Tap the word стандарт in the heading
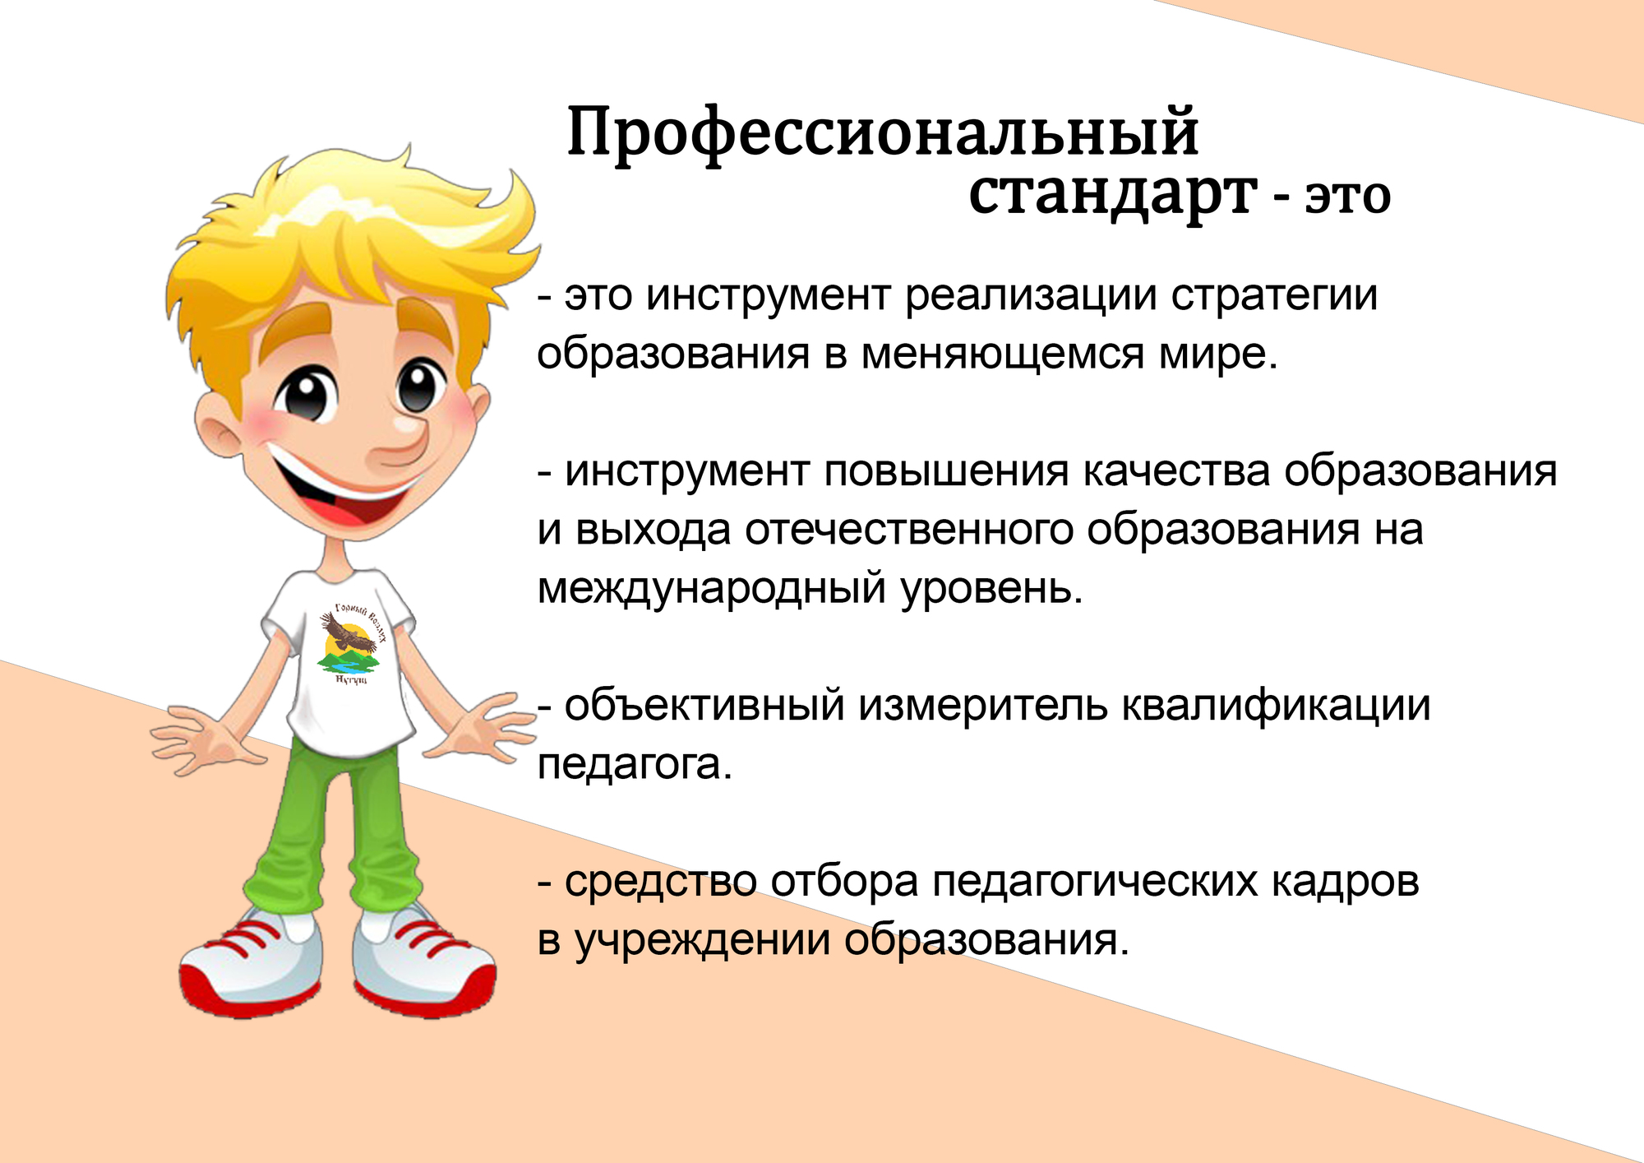click(1113, 195)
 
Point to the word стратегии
click(1274, 296)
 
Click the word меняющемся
click(1004, 354)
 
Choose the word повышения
click(946, 472)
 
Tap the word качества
click(1176, 472)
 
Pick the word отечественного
click(909, 531)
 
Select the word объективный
click(704, 706)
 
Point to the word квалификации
click(1277, 706)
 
